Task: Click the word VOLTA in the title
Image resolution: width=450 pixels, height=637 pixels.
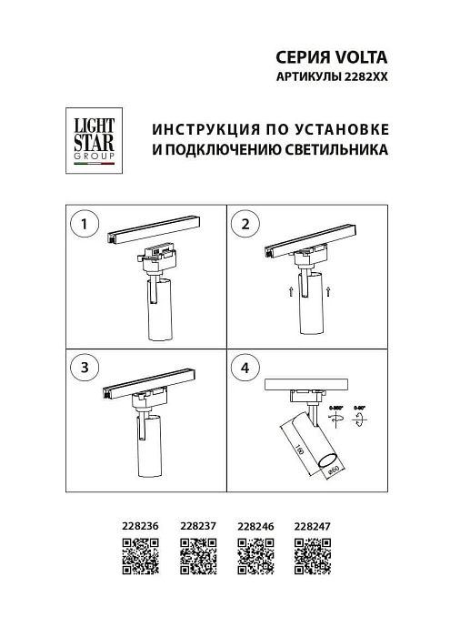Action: coord(363,58)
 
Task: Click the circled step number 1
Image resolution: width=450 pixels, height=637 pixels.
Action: coord(85,223)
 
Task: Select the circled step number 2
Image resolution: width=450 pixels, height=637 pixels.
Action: coord(245,223)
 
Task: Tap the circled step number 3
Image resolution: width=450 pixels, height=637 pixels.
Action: coord(85,368)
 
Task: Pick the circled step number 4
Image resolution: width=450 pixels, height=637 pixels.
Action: coord(245,368)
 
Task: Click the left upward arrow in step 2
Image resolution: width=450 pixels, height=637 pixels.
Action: coord(290,291)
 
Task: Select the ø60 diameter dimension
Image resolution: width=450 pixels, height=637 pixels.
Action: coord(333,469)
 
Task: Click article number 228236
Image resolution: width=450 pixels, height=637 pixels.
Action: coord(140,525)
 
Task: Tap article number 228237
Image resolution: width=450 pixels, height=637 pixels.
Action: coord(197,525)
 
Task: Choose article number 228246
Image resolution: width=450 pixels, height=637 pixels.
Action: coord(255,525)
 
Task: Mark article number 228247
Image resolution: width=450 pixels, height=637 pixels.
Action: coord(313,525)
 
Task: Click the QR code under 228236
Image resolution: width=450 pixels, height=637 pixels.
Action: coord(140,555)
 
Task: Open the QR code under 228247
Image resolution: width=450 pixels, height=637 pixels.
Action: coord(313,555)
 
